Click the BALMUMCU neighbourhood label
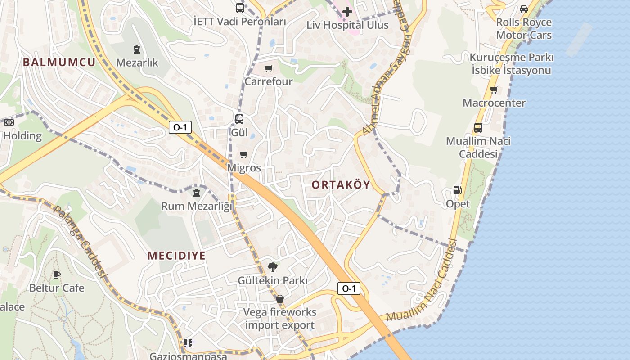(x=59, y=62)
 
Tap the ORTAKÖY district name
(x=341, y=185)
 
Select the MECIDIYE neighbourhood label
(x=176, y=256)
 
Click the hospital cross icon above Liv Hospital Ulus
(x=347, y=12)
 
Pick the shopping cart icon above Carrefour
(x=269, y=69)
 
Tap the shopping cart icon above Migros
(x=244, y=155)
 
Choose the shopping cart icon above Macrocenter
(x=494, y=90)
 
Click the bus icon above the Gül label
(x=239, y=119)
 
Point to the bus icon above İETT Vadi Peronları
(x=240, y=8)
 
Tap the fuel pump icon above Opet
(x=458, y=190)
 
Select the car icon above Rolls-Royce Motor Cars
(x=524, y=9)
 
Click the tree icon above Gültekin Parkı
(x=273, y=267)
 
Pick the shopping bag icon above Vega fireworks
(x=280, y=299)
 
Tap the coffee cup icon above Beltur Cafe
(x=56, y=274)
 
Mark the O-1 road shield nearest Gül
(x=180, y=127)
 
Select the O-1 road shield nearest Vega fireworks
(x=349, y=288)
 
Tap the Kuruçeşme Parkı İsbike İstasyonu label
(x=511, y=64)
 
